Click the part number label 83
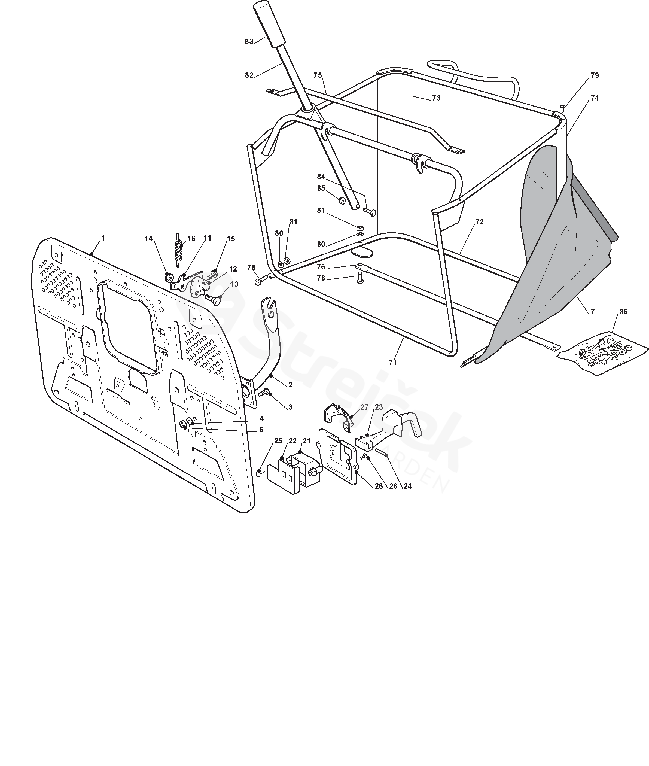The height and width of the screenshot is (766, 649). point(249,42)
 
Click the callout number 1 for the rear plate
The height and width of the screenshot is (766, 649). point(103,238)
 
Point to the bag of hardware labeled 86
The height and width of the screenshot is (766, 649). point(603,350)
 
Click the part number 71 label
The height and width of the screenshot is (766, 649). point(393,362)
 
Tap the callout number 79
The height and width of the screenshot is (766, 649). point(595,75)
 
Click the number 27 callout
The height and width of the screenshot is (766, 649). point(364,407)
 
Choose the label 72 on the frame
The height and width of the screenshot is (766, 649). point(479,222)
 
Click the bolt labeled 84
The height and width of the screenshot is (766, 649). point(369,212)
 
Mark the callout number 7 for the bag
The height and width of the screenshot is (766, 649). point(592,312)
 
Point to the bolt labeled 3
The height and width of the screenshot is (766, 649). point(264,393)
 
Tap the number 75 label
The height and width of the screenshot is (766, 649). point(318,75)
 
